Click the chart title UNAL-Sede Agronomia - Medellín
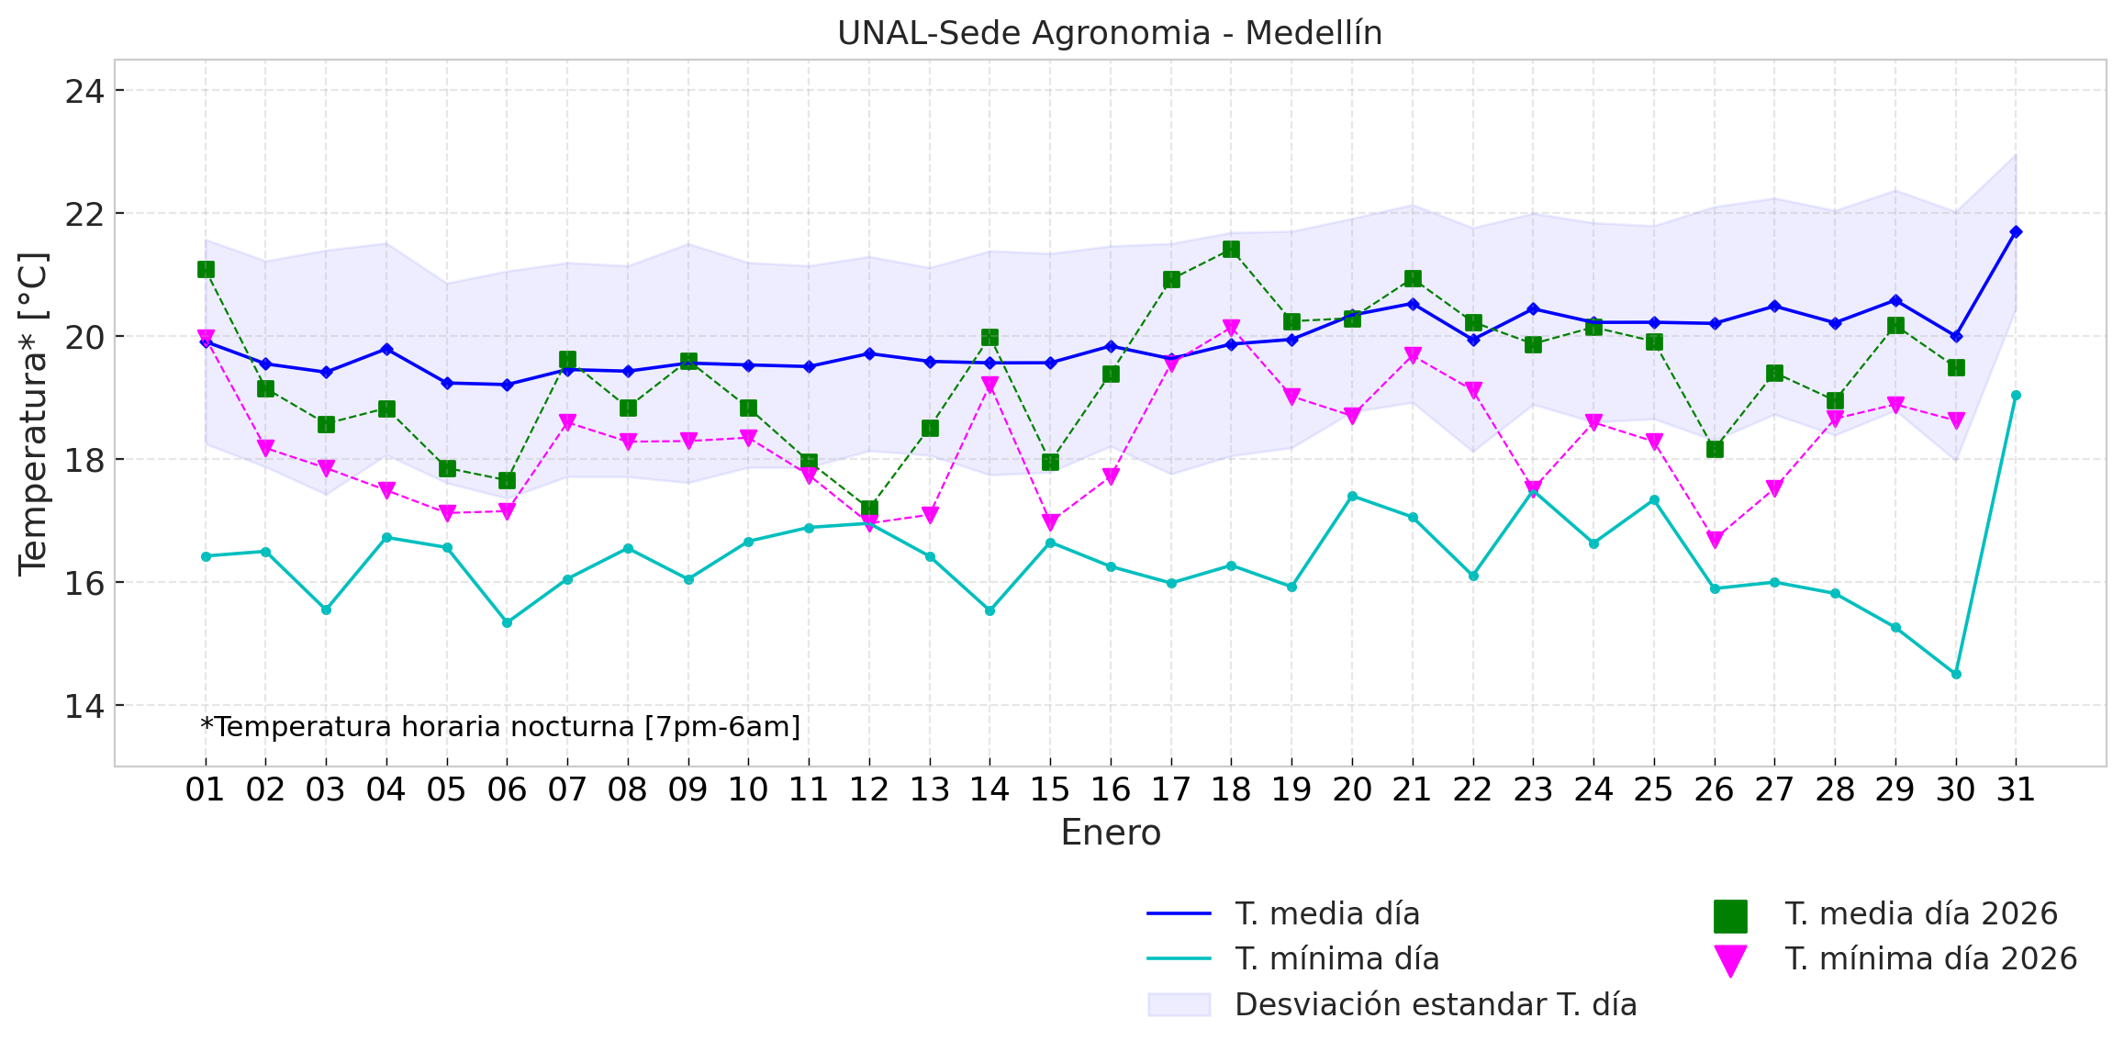(x=1110, y=33)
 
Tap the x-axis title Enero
(x=1111, y=833)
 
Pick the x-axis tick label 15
(x=1050, y=789)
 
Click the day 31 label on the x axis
(x=2016, y=789)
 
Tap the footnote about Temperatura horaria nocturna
(x=500, y=727)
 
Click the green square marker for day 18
(x=1231, y=250)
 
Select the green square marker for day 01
(x=206, y=269)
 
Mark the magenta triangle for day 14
(x=989, y=385)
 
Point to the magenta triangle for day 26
(x=1715, y=540)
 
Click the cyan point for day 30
(x=1956, y=674)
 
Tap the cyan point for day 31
(x=2016, y=396)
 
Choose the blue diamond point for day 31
(x=2016, y=232)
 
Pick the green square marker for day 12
(x=869, y=509)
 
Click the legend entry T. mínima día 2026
(x=1930, y=959)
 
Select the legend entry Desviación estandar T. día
(x=1436, y=1005)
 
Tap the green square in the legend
(x=1730, y=915)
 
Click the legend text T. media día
(x=1327, y=914)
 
